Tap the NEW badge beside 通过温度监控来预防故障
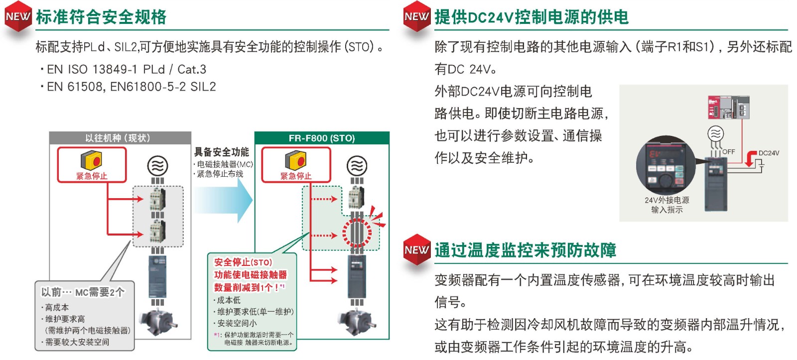(416, 250)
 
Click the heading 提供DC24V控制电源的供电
(531, 17)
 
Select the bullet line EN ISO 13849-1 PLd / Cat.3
(127, 69)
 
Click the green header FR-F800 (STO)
(321, 138)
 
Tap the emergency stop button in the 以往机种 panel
(92, 161)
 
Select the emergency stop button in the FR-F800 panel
(296, 161)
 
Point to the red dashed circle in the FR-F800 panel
(357, 233)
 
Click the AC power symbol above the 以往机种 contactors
(158, 165)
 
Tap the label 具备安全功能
(221, 152)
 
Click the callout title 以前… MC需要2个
(83, 292)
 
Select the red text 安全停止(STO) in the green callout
(243, 262)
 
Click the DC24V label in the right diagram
(769, 153)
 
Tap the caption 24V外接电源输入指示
(666, 205)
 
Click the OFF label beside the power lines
(728, 151)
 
